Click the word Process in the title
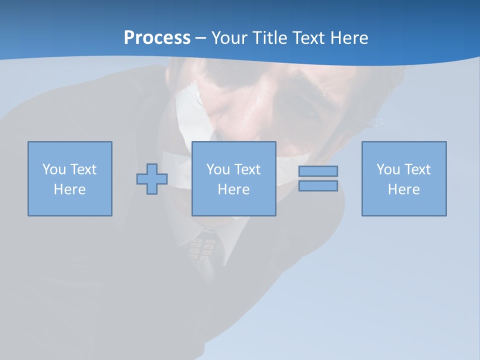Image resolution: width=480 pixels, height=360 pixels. (157, 38)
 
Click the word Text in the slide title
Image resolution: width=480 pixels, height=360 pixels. (308, 38)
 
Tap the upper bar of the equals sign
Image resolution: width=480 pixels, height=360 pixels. (318, 171)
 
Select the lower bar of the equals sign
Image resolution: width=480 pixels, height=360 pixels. (318, 186)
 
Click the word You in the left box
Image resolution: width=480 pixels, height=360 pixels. (54, 169)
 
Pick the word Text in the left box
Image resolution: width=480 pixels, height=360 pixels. (82, 169)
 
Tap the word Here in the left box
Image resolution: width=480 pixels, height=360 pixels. (69, 189)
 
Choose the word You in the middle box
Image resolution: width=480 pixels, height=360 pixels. (218, 169)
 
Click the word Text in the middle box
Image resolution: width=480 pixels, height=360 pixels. (246, 169)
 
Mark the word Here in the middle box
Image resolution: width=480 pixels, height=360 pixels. (233, 189)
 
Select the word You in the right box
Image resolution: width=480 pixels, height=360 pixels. (388, 169)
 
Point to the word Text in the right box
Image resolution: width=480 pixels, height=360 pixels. (416, 169)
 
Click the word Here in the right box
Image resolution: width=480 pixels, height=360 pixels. (403, 189)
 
